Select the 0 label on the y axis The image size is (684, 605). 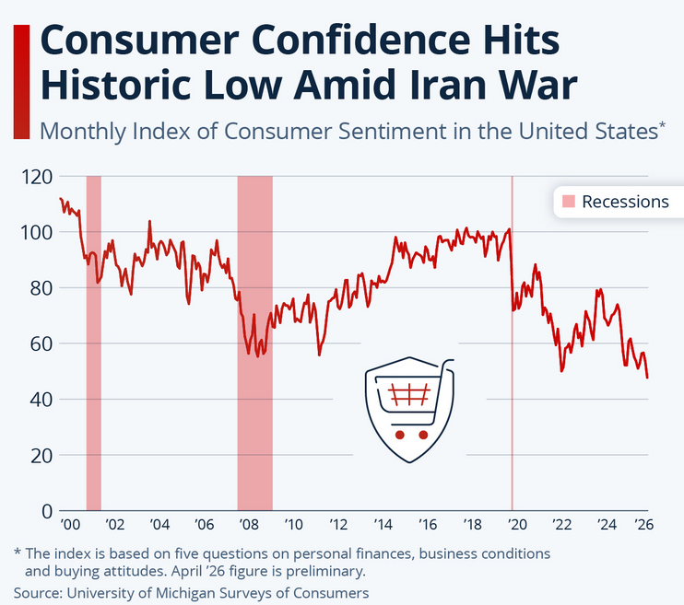[46, 511]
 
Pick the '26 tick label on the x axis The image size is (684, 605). [643, 526]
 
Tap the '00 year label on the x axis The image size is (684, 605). [69, 526]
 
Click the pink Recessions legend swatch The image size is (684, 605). [569, 202]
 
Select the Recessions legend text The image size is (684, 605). [625, 202]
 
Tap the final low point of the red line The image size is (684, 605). [647, 378]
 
